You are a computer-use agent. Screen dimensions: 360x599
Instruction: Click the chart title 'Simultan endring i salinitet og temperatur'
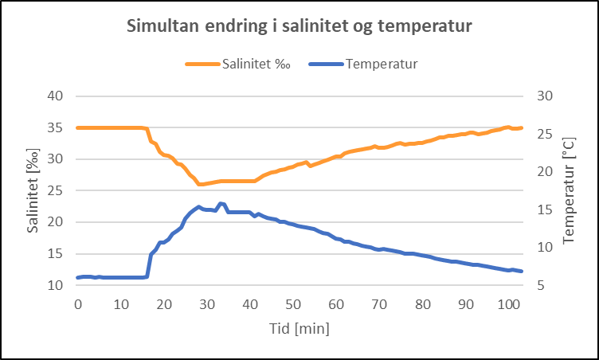299,26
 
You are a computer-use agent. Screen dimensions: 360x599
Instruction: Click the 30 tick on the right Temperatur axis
539,96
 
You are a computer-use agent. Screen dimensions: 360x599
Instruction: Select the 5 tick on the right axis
536,285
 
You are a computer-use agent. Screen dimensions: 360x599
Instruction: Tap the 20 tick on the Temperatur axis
539,171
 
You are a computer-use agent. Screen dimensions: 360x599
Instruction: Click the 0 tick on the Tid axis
77,304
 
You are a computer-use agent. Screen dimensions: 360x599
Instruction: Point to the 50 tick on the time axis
293,304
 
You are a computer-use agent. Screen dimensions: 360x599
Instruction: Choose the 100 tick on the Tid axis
508,304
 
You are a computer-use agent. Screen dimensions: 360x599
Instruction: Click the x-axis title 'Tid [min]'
299,327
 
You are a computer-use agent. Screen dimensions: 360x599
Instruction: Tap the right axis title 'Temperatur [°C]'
569,190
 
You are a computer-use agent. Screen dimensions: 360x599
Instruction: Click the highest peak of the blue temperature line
221,204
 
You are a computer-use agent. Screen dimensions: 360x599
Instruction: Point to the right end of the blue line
522,272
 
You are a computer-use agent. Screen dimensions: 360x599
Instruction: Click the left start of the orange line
77,127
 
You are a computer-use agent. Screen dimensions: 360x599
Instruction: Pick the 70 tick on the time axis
379,304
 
